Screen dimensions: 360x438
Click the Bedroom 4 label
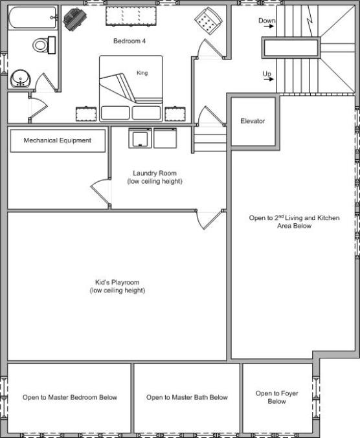pyautogui.click(x=129, y=41)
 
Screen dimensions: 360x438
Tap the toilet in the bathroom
pyautogui.click(x=44, y=45)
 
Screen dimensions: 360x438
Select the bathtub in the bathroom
pyautogui.click(x=33, y=17)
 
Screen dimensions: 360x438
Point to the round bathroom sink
pyautogui.click(x=20, y=78)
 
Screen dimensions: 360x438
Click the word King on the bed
pyautogui.click(x=142, y=73)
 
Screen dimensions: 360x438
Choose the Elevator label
pyautogui.click(x=253, y=121)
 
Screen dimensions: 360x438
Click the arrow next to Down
pyautogui.click(x=269, y=27)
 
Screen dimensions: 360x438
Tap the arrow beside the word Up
pyautogui.click(x=269, y=79)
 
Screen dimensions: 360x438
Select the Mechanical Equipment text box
pyautogui.click(x=58, y=140)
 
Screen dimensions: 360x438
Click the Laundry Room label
pyautogui.click(x=155, y=177)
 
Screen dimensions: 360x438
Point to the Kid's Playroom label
pyautogui.click(x=117, y=286)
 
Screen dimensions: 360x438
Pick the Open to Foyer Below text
pyautogui.click(x=276, y=397)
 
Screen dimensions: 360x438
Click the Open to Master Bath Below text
pyautogui.click(x=187, y=397)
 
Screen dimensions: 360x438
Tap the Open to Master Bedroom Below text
pyautogui.click(x=70, y=397)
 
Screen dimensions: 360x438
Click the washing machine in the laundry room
pyautogui.click(x=140, y=138)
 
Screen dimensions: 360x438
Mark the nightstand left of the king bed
pyautogui.click(x=86, y=114)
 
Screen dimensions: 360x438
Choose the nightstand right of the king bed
pyautogui.click(x=175, y=114)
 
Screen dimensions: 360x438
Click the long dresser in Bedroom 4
pyautogui.click(x=131, y=16)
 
